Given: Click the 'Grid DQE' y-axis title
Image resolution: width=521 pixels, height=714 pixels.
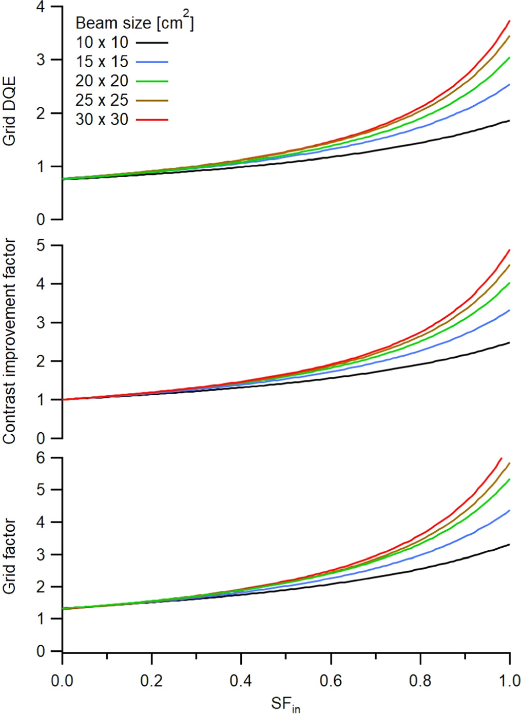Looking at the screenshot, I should [x=9, y=111].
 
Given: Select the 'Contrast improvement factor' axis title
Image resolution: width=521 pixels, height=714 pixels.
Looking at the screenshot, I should [x=9, y=341].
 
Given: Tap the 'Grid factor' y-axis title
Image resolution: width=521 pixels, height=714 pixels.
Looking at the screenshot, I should [x=9, y=556].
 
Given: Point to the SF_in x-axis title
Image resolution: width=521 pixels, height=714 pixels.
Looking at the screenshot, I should [x=285, y=704].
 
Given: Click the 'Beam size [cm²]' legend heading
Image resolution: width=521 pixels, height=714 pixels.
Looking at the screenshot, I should [x=134, y=22].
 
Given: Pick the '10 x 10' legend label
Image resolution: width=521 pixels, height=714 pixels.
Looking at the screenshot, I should [x=102, y=42].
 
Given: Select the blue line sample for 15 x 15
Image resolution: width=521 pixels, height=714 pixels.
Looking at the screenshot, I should [x=152, y=62].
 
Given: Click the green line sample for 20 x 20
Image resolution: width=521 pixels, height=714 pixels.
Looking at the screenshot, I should [x=152, y=81].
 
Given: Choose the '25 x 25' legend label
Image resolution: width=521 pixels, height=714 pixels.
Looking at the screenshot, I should [x=102, y=100].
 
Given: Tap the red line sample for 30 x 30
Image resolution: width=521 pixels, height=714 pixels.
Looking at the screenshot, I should [x=152, y=120].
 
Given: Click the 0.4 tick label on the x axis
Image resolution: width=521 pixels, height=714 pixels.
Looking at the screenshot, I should [x=241, y=681].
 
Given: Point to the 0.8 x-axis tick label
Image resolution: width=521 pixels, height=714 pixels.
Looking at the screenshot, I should [x=420, y=681].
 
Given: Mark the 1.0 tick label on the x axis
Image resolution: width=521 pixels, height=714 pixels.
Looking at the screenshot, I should [x=509, y=681].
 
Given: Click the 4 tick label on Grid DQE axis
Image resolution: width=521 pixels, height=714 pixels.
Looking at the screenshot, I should [x=41, y=7].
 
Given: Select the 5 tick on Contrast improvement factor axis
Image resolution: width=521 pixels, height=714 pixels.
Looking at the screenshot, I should [x=41, y=245].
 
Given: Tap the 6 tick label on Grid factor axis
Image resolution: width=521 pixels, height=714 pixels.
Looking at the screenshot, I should [x=41, y=457].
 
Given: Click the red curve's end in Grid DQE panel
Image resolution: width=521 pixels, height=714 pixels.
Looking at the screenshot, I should [x=509, y=21].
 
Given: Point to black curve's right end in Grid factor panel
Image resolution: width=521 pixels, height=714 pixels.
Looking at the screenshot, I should [x=509, y=544].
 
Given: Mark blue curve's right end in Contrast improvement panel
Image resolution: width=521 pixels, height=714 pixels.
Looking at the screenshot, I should [x=509, y=310].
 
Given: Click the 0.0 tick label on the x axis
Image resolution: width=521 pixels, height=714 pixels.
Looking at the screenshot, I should [x=62, y=681].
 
